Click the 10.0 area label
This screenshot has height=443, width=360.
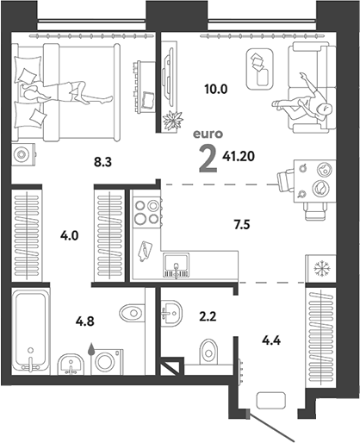[216, 89]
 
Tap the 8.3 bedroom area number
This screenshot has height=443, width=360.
[102, 163]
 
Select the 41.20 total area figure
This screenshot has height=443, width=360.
[239, 156]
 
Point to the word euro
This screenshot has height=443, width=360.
[208, 134]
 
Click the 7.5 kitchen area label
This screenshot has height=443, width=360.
[242, 224]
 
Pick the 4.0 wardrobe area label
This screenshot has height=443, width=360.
[69, 236]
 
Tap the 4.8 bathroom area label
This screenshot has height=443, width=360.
[85, 321]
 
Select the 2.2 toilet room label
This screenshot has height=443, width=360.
[208, 316]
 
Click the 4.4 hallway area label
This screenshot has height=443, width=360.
[271, 340]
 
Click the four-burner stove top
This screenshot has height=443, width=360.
[147, 212]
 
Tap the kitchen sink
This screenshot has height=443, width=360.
[176, 265]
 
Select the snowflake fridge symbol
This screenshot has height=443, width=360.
[322, 268]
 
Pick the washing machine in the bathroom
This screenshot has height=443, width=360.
[107, 362]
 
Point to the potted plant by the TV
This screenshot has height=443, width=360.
[172, 121]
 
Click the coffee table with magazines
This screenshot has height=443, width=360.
[259, 69]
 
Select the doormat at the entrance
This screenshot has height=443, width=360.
[271, 400]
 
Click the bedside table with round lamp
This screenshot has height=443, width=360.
[23, 154]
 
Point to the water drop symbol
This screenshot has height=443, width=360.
[91, 349]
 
